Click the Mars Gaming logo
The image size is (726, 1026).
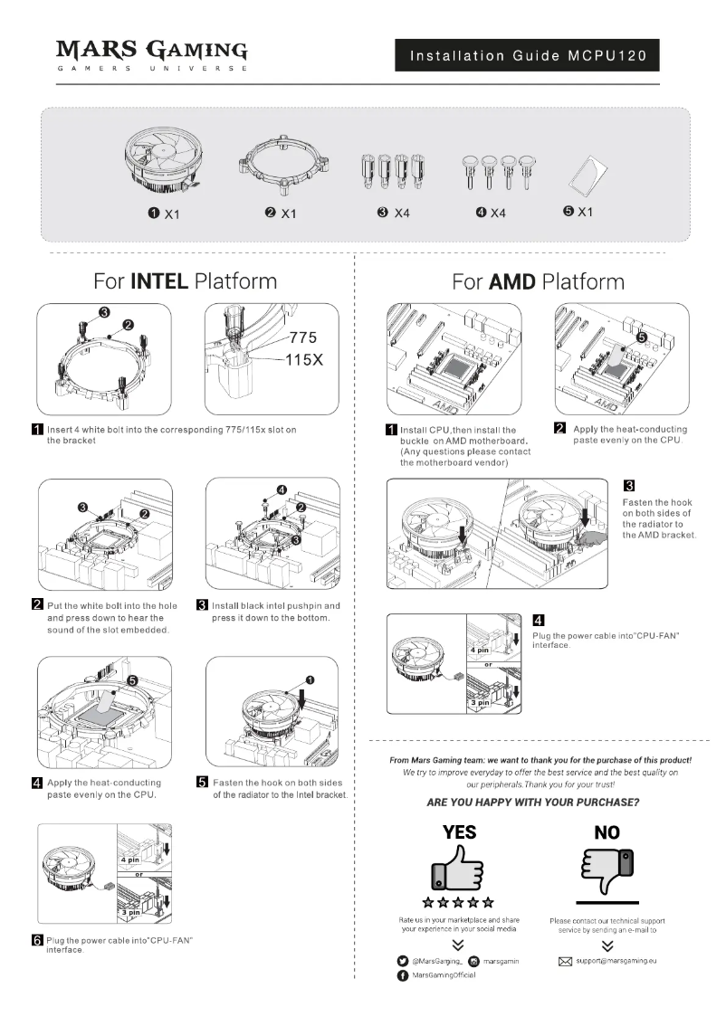click(x=151, y=54)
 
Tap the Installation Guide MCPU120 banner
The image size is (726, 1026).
click(x=527, y=56)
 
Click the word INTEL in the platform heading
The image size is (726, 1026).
click(x=159, y=280)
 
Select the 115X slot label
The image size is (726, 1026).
click(x=305, y=359)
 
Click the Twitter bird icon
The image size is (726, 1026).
click(x=402, y=960)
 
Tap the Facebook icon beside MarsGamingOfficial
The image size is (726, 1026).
click(x=402, y=975)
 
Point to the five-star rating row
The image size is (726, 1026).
click(x=458, y=902)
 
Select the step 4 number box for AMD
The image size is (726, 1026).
click(x=538, y=620)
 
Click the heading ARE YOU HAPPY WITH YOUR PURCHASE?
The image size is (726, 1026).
click(x=534, y=803)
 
